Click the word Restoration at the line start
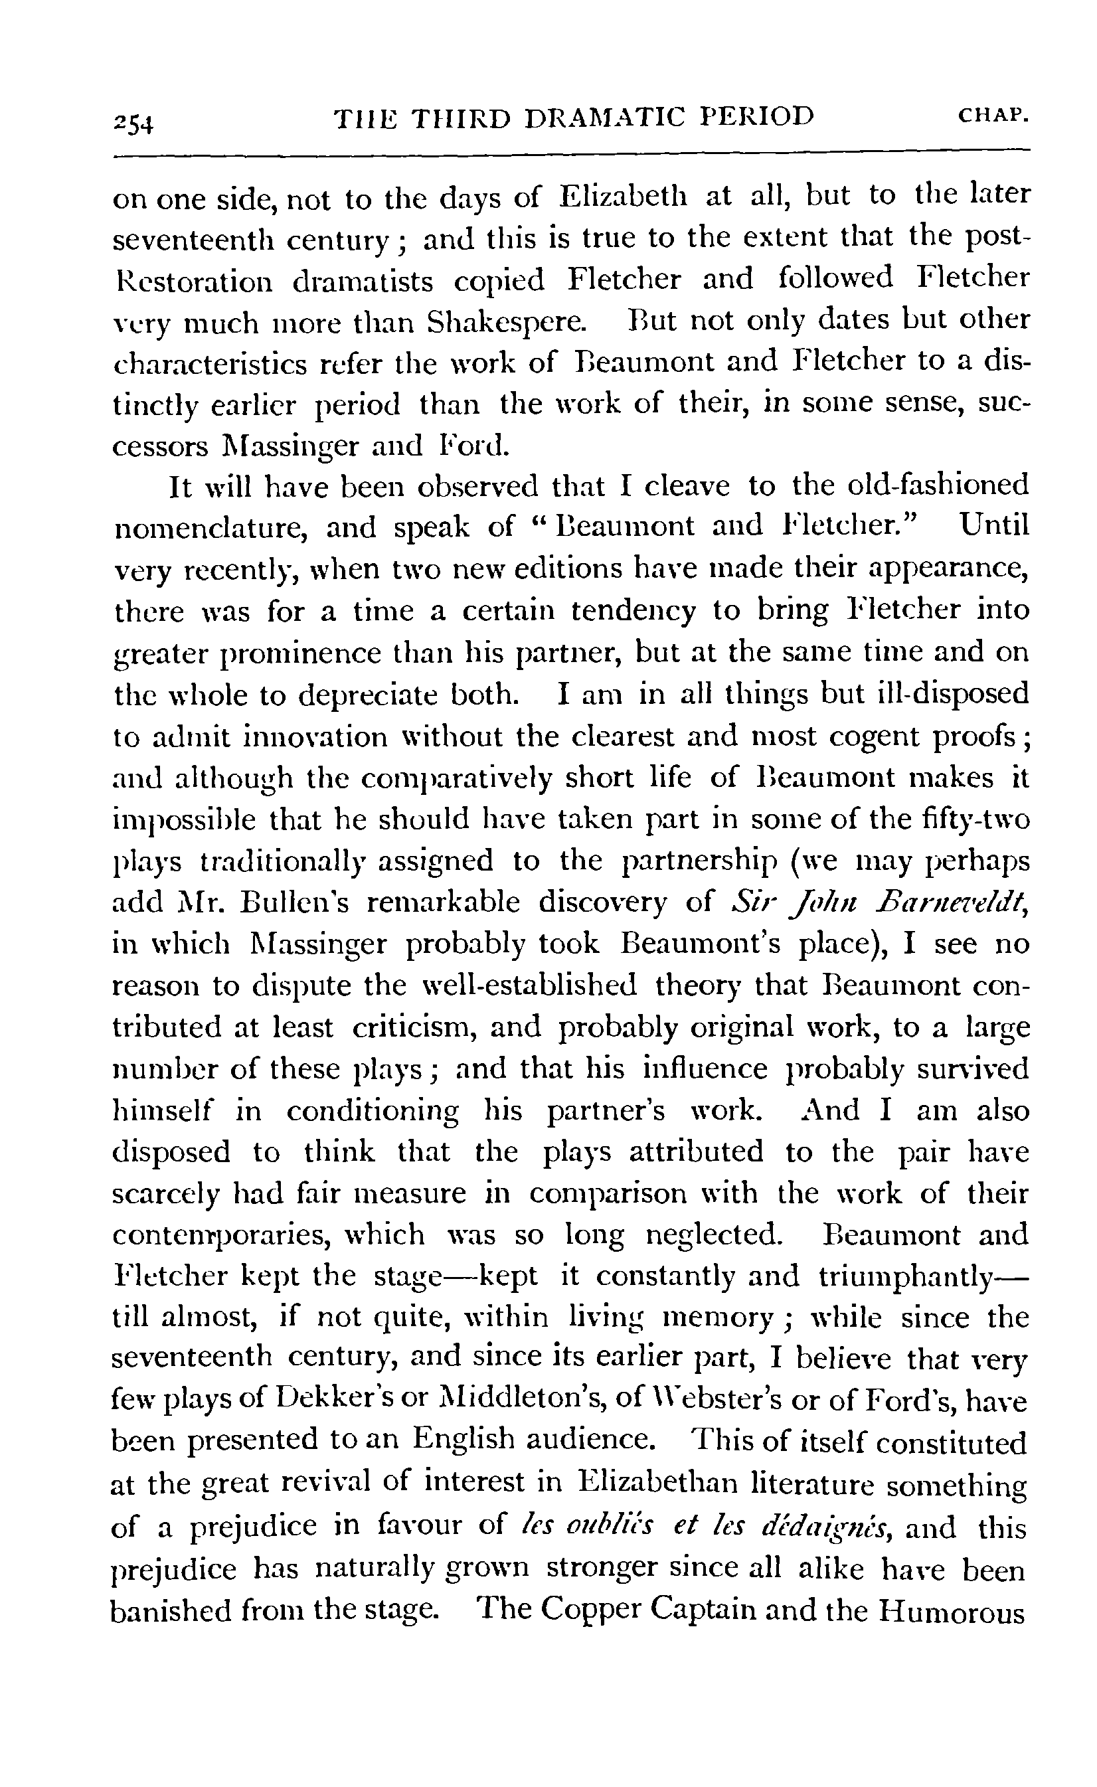click(194, 281)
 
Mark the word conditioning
click(372, 1111)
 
